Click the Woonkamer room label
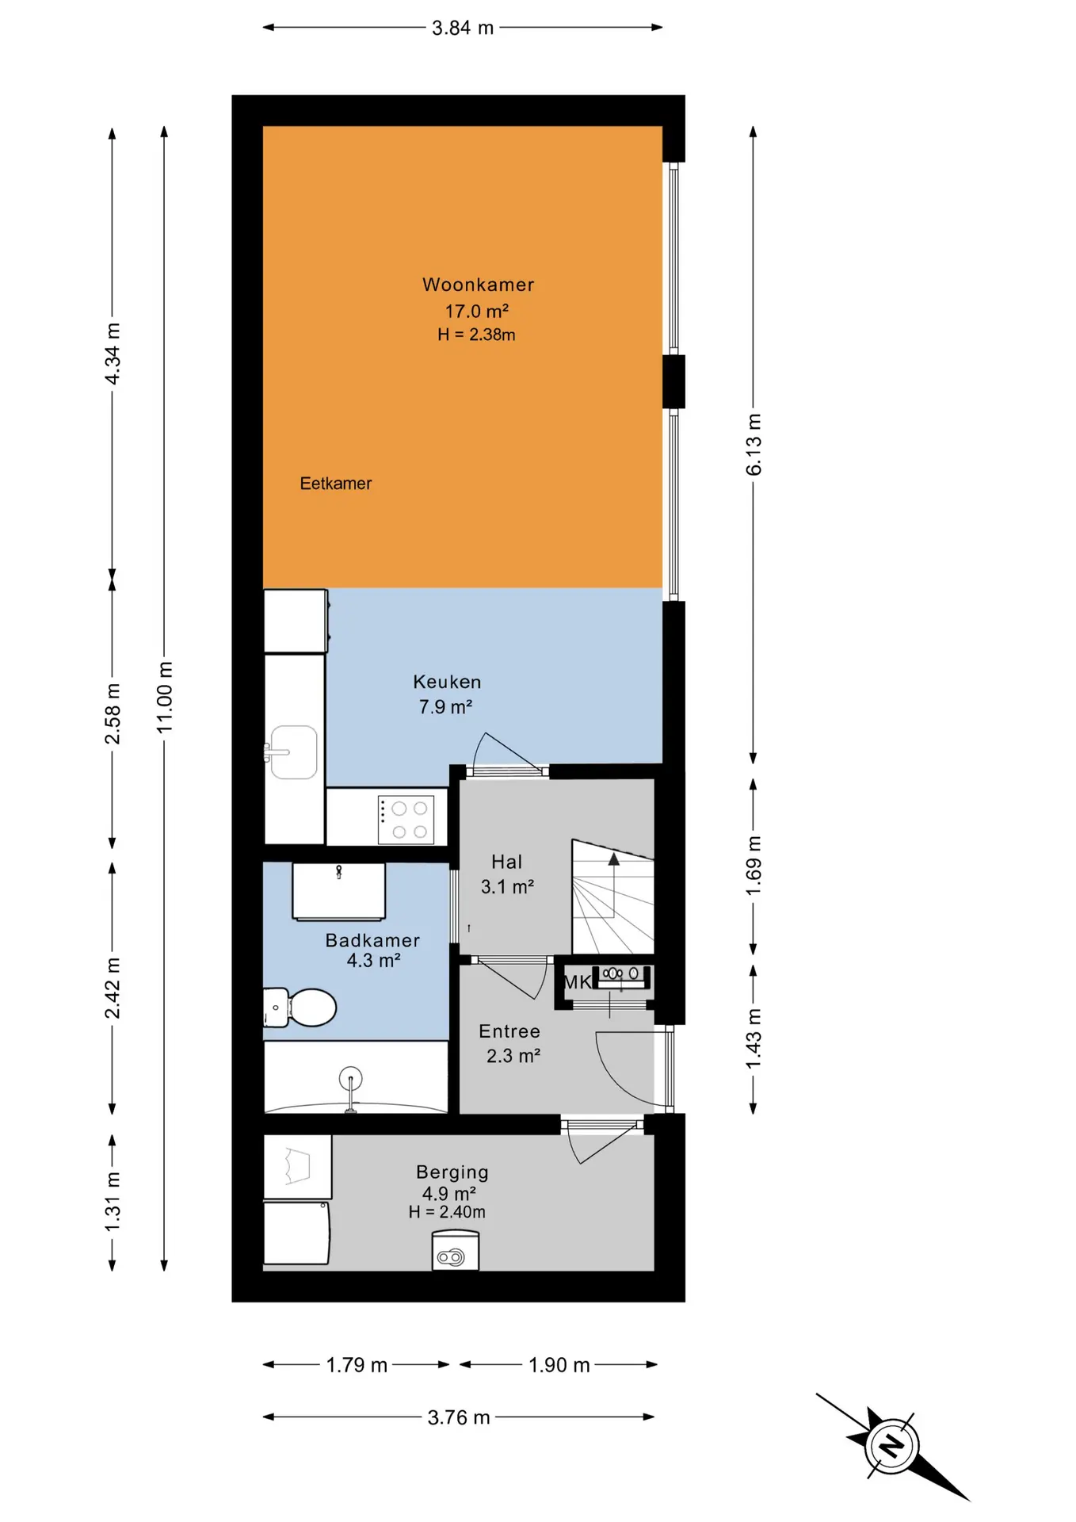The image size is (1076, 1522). pos(478,285)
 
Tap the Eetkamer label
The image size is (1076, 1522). pos(335,484)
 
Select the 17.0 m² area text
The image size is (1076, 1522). pos(476,311)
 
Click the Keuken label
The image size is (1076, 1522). pos(447,682)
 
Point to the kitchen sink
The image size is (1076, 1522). pos(293,752)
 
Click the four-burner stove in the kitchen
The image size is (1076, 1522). pos(406,820)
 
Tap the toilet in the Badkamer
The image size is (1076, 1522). pos(301,1007)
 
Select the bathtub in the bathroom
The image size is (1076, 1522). pos(356,1077)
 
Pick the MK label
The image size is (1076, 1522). pos(577,982)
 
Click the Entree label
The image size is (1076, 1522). pos(509,1031)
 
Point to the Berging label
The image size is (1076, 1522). pos(452,1172)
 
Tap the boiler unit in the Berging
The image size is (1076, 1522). pos(456,1250)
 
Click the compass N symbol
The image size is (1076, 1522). pos(892,1446)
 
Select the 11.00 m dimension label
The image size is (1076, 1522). pos(164,697)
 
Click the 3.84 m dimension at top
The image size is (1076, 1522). pos(463,28)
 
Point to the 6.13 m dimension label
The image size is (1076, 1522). pos(754,445)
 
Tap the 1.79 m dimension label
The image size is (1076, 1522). pos(357,1365)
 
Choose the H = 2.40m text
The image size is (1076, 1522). pos(447,1212)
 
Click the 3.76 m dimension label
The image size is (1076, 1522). pos(459,1417)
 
